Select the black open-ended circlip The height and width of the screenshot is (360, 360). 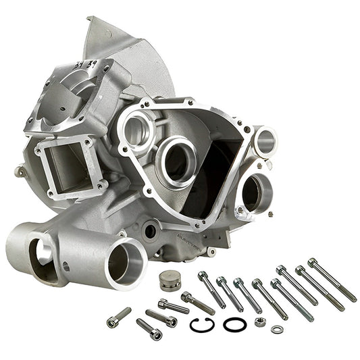[x=202, y=325]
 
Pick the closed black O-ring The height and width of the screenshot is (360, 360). [x=234, y=324]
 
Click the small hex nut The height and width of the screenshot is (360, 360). [x=260, y=322]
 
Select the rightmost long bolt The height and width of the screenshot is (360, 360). [x=332, y=280]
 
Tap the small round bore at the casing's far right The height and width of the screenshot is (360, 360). [x=265, y=141]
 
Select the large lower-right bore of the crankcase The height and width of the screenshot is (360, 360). [x=253, y=192]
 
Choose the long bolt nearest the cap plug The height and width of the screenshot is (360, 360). [x=212, y=289]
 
